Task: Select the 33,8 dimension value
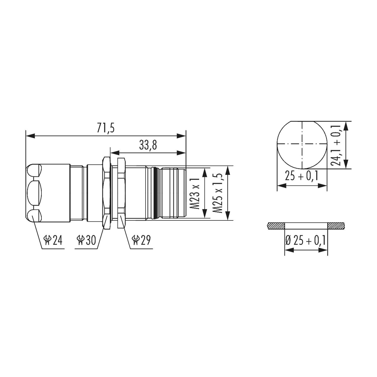coord(148,145)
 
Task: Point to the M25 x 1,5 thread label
coord(218,193)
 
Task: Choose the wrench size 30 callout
coord(86,240)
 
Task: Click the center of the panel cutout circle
coord(302,144)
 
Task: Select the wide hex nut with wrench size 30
coord(107,193)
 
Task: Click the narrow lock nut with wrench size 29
coord(121,193)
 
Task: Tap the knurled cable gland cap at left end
coord(48,193)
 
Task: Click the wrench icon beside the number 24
coord(47,240)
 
